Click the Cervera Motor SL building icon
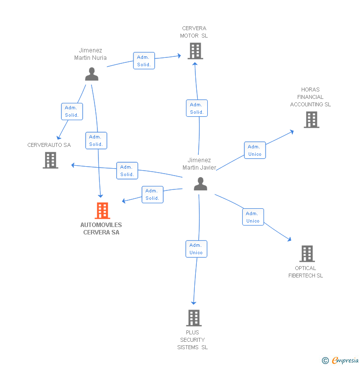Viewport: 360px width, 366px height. coord(195,50)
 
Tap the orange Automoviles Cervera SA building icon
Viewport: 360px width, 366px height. coord(102,211)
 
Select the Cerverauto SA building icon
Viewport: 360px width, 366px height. coord(50,160)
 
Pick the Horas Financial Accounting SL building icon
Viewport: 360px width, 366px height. coord(311,119)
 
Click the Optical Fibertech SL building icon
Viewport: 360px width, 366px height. coord(307,254)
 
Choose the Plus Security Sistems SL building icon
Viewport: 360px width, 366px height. coord(194,318)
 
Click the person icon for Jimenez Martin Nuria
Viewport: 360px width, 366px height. coord(91,74)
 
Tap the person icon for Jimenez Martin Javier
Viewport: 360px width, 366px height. coord(200,183)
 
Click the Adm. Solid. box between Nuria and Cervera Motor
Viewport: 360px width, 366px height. coord(144,61)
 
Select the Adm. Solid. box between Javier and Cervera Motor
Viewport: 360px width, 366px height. coord(196,108)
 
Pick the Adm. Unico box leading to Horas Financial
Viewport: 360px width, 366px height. coord(255,150)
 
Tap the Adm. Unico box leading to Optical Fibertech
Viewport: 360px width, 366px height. coord(253,217)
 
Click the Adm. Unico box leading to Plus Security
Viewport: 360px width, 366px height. coord(196,248)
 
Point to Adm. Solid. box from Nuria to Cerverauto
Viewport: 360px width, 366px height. coord(72,111)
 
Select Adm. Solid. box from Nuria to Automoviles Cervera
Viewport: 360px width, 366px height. coord(96,140)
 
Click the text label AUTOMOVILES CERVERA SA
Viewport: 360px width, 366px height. coord(101,229)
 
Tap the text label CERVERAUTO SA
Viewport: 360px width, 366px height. coord(49,145)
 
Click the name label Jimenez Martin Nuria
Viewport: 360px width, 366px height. coord(90,54)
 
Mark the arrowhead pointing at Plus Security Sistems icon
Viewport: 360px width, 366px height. coord(194,303)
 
